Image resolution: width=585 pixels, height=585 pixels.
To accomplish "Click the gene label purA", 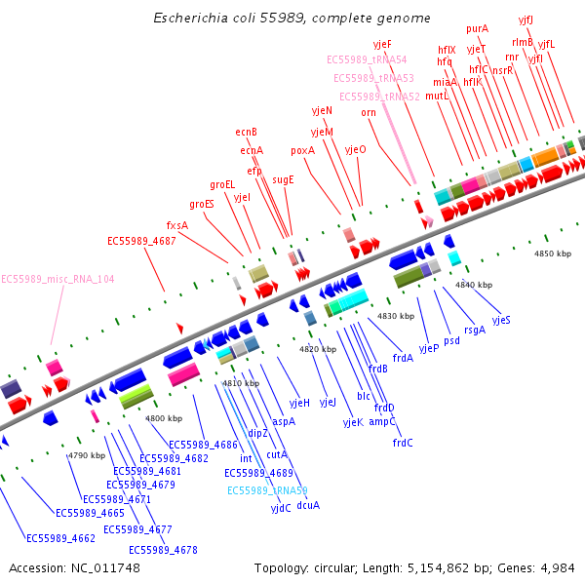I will click(478, 29).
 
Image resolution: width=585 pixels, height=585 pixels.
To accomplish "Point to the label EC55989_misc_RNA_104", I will click(58, 279).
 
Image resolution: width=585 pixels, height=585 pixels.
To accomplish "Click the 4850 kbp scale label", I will click(554, 253).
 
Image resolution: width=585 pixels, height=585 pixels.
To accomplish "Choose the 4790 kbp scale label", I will click(86, 455).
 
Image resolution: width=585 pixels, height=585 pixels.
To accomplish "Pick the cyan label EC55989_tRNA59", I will click(267, 490).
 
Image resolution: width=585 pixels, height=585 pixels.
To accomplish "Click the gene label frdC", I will click(403, 443).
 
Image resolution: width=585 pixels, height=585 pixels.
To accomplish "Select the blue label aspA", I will click(284, 421).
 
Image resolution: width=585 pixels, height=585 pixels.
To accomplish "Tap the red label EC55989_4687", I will click(141, 241).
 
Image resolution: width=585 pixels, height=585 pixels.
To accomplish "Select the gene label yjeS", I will click(501, 320).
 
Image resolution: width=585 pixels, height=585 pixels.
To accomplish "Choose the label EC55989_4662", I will click(60, 538).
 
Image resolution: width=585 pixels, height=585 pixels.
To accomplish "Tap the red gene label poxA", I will click(303, 151).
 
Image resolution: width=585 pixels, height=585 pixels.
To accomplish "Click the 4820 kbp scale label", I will click(318, 348).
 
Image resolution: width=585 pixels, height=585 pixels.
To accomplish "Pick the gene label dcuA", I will click(308, 505).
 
